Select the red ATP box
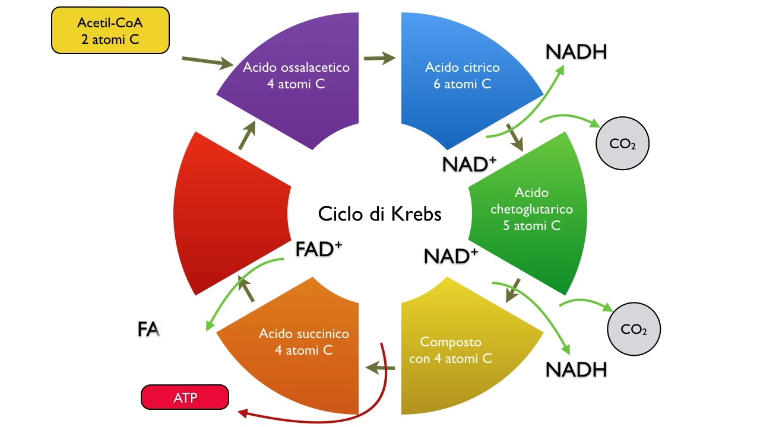(x=185, y=397)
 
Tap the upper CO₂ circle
(x=622, y=144)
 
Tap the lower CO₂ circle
(x=634, y=329)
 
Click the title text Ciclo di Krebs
(x=379, y=213)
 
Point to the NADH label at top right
(x=576, y=52)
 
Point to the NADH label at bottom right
(x=576, y=369)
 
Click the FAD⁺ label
(x=319, y=250)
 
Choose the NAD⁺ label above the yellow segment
(x=451, y=256)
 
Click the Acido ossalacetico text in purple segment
(x=296, y=75)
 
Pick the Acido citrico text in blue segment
(x=462, y=75)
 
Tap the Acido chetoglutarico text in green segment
(x=531, y=209)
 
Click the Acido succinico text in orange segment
(x=303, y=342)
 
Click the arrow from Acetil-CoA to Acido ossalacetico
(x=207, y=62)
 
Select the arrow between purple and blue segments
(x=379, y=58)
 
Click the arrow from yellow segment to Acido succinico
(x=381, y=369)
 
